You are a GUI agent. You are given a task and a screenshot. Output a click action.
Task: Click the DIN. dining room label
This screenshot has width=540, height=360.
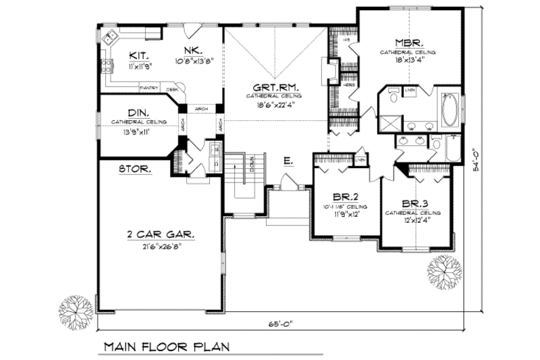point(138,113)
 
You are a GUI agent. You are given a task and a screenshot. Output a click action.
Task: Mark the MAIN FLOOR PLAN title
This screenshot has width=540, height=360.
point(166,347)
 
